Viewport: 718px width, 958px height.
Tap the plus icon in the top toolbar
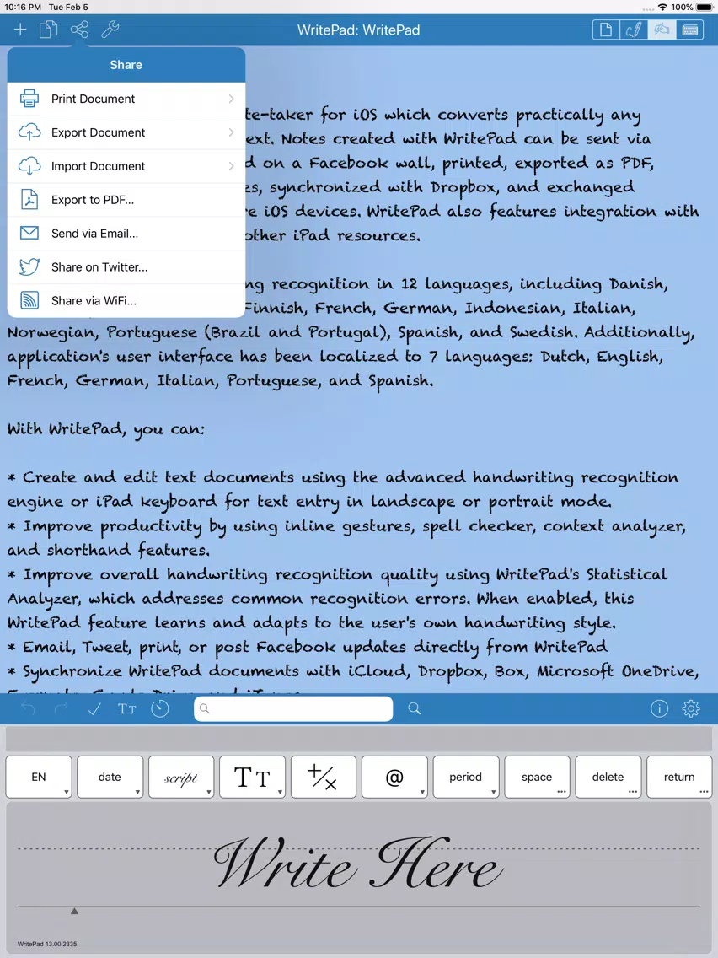(x=20, y=30)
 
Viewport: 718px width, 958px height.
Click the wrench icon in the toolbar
(x=110, y=30)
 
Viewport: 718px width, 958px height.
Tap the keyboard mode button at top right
(x=690, y=30)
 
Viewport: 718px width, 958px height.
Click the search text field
(x=293, y=709)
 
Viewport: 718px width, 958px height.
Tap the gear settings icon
(x=691, y=709)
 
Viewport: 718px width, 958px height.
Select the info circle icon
(x=659, y=709)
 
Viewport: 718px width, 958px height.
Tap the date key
(x=110, y=777)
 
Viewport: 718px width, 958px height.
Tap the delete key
(x=608, y=777)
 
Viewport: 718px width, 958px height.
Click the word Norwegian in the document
(x=51, y=332)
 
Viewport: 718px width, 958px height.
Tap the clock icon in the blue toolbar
(x=160, y=709)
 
